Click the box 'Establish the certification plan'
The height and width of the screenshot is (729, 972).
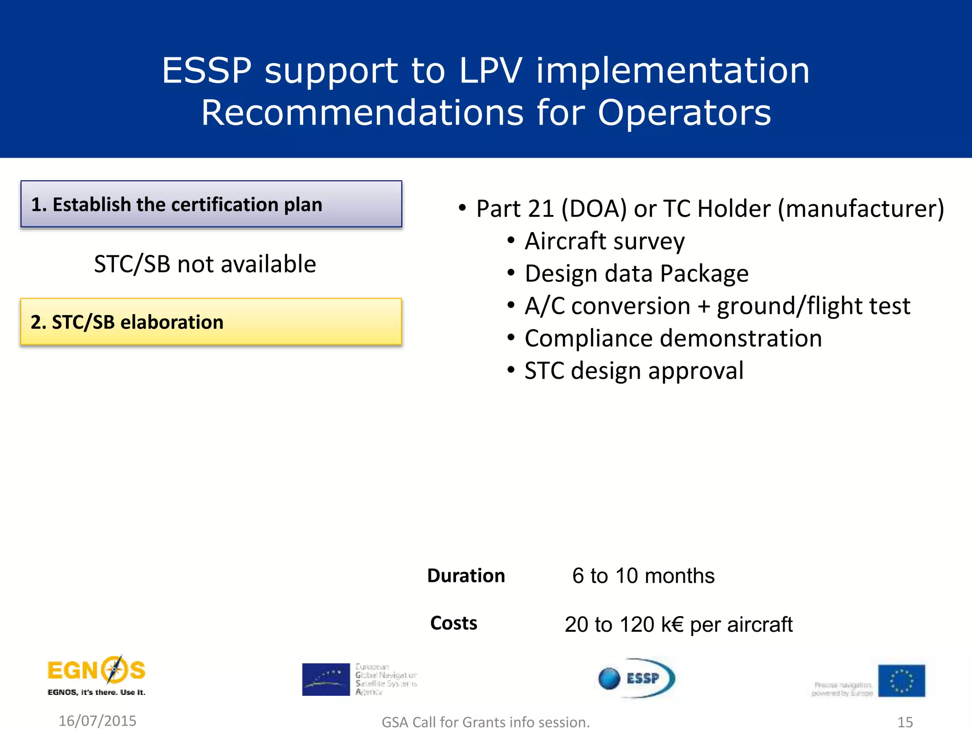(x=211, y=204)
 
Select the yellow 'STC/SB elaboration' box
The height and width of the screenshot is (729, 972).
(x=211, y=322)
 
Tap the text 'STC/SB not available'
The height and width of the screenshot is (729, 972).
(x=205, y=264)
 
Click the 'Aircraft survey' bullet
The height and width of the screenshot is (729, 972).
(x=605, y=241)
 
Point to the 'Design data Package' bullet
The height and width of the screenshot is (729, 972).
(x=636, y=274)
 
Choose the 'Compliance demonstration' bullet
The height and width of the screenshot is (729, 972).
(x=673, y=338)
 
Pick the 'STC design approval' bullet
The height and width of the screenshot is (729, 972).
(x=634, y=371)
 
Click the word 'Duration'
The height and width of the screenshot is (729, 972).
(x=466, y=576)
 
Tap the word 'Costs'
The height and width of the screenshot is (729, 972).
(x=454, y=623)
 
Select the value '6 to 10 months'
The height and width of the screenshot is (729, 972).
(x=643, y=576)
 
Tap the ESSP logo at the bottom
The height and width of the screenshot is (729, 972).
(x=636, y=678)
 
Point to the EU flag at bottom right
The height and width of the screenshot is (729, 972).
(x=901, y=681)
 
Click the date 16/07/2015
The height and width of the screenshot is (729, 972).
(x=97, y=720)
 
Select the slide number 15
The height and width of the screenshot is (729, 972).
(x=905, y=722)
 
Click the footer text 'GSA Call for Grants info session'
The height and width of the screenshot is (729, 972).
(x=486, y=722)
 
